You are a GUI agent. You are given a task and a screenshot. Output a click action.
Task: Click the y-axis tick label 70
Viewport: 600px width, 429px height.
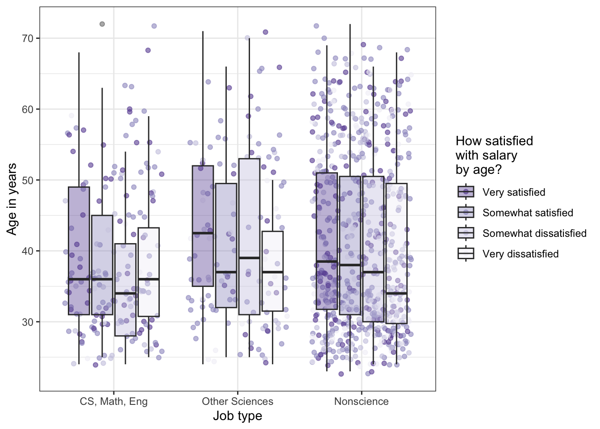pos(28,38)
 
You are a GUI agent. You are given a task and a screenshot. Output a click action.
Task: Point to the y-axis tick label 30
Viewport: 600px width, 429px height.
pos(28,322)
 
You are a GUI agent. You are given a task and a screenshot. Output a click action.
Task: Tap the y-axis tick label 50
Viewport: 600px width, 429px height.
pos(28,180)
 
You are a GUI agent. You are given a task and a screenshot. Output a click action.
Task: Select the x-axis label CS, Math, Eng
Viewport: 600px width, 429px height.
pos(113,401)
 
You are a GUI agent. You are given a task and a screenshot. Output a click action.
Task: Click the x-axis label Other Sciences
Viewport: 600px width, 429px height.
pos(237,401)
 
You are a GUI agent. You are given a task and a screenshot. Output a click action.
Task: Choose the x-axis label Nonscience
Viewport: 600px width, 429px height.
pos(361,401)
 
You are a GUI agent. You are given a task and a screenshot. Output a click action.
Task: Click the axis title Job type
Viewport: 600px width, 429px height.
pos(237,416)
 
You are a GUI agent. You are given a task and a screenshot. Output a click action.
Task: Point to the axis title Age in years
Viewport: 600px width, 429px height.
pos(12,199)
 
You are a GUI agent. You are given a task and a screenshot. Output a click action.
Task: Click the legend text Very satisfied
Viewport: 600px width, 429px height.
pos(514,192)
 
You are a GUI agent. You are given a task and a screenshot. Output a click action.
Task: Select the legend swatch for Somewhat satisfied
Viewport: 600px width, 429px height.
pos(466,213)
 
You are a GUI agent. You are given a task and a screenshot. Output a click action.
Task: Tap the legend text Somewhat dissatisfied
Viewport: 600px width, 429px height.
pos(534,233)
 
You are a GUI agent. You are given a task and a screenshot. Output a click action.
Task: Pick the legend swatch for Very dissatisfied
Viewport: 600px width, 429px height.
pos(466,254)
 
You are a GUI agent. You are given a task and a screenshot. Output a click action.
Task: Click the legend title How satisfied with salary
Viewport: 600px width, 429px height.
pos(494,155)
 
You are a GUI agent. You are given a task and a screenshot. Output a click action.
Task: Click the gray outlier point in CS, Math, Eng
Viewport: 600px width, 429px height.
pos(102,24)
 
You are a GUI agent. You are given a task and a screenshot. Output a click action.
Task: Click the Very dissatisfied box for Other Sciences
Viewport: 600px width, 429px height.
pos(272,290)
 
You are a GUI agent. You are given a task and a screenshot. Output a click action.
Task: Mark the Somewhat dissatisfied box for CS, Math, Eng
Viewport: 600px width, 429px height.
pos(125,313)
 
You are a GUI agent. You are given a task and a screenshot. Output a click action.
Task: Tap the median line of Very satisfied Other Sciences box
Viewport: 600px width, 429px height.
pos(203,233)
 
